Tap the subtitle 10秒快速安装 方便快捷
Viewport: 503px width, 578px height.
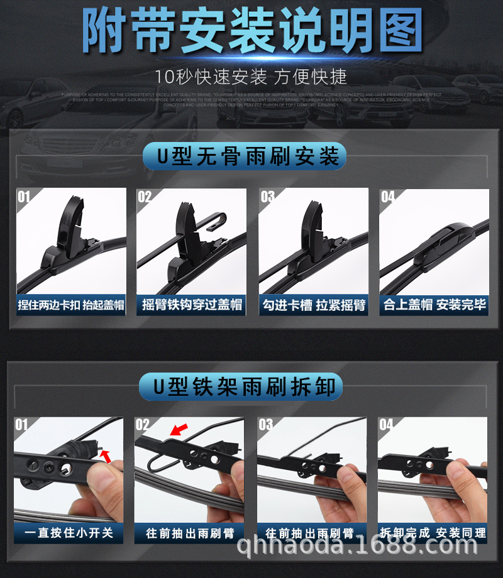[x=251, y=77]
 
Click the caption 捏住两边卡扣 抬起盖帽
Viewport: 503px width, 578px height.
[x=70, y=305]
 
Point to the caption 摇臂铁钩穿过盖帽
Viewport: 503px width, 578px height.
[x=192, y=305]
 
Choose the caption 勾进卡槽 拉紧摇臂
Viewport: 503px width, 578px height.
[x=314, y=305]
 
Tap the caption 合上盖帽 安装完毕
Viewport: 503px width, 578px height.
[x=434, y=305]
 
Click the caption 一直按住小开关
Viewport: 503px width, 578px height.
[x=69, y=533]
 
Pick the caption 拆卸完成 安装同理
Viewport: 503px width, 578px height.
[x=433, y=533]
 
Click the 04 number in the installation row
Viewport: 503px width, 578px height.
[x=388, y=197]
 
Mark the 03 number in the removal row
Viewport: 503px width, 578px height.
[x=266, y=425]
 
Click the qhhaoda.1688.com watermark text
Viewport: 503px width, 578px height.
[x=351, y=547]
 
